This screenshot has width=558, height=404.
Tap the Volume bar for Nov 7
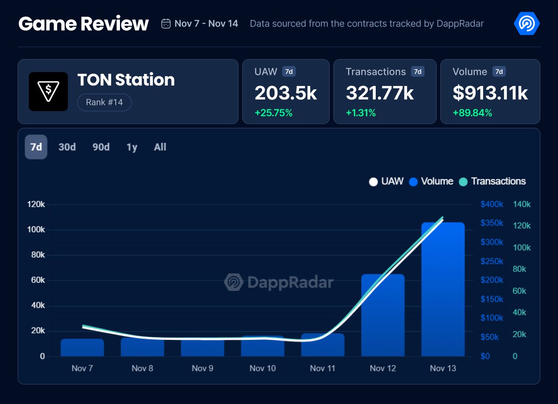click(x=82, y=347)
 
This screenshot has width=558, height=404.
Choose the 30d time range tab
click(x=67, y=147)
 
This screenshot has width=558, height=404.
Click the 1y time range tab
click(x=132, y=147)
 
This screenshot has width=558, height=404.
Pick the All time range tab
click(x=160, y=147)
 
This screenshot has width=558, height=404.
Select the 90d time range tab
click(x=101, y=147)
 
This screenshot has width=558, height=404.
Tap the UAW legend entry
click(x=386, y=181)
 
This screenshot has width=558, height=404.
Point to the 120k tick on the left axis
click(x=36, y=205)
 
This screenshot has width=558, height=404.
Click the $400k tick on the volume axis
click(x=492, y=205)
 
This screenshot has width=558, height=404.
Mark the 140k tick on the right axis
click(x=521, y=205)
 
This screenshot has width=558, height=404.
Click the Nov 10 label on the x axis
click(x=263, y=368)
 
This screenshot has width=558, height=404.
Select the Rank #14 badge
click(x=105, y=102)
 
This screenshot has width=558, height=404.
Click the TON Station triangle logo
click(x=48, y=92)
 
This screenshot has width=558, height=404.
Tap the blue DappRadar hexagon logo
click(x=526, y=23)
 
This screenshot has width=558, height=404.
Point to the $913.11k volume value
click(x=490, y=93)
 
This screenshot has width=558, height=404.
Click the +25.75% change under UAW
click(x=273, y=113)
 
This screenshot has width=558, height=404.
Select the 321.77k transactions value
click(x=379, y=93)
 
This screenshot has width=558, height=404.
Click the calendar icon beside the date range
click(x=166, y=24)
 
